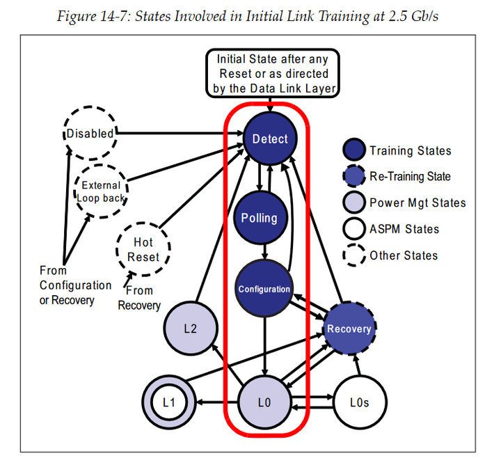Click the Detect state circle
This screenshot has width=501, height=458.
(269, 139)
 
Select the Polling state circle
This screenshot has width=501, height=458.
(259, 218)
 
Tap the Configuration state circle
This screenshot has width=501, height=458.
(264, 289)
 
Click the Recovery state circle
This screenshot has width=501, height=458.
(349, 328)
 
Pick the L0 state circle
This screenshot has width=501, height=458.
(263, 402)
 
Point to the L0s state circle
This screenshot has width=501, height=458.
(360, 402)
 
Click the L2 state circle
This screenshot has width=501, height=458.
(190, 327)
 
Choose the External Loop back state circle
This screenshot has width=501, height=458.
(102, 191)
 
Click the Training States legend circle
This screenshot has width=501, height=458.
(354, 150)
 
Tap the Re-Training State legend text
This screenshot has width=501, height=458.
(410, 177)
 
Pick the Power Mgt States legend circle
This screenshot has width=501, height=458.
(354, 203)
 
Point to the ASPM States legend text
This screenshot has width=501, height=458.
(404, 229)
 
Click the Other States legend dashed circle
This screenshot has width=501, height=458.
(354, 255)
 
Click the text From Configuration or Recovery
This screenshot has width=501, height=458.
(75, 285)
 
